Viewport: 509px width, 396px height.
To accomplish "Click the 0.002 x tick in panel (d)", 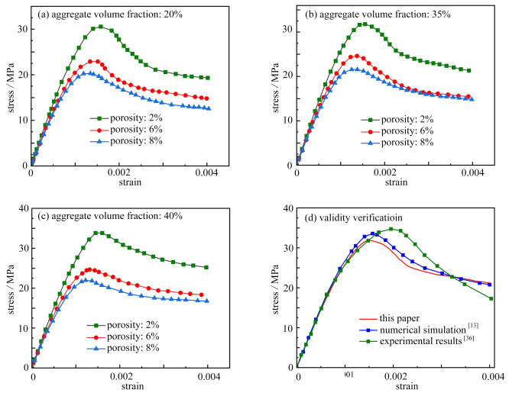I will point(394,376).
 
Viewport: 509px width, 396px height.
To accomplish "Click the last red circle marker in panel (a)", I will point(207,98).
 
